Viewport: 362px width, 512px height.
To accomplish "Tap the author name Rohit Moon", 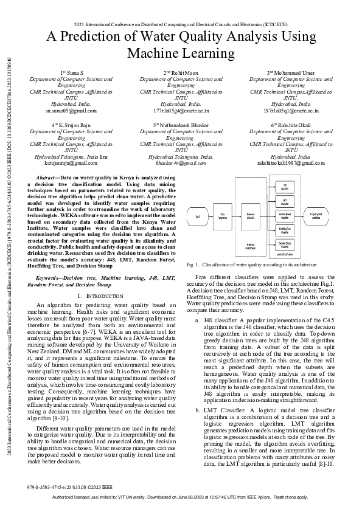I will click(181, 73).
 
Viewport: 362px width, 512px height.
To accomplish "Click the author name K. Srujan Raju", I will click(74, 124).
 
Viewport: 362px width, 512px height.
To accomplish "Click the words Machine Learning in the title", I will click(180, 54).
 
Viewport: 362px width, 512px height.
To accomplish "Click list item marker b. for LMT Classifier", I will click(197, 394).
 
